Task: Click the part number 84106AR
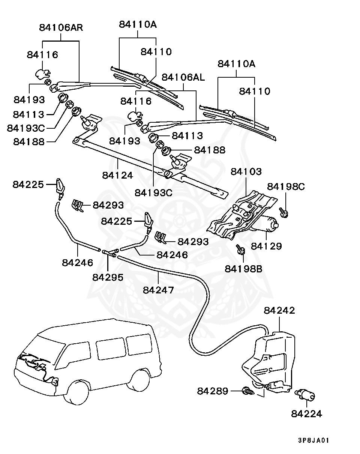point(61,28)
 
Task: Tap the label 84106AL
point(183,77)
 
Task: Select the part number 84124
point(118,175)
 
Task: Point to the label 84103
point(246,171)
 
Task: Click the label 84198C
point(286,186)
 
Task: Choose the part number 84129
point(266,246)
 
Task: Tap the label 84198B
point(243,269)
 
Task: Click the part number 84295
point(108,277)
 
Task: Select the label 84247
point(158,290)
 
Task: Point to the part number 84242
point(279,310)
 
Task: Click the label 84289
point(213,391)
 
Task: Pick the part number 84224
point(307,414)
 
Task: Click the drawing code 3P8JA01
point(313,440)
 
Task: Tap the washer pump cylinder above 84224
point(305,395)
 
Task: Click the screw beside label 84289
point(248,391)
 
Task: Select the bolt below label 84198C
point(283,213)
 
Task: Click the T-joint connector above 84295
point(110,253)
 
